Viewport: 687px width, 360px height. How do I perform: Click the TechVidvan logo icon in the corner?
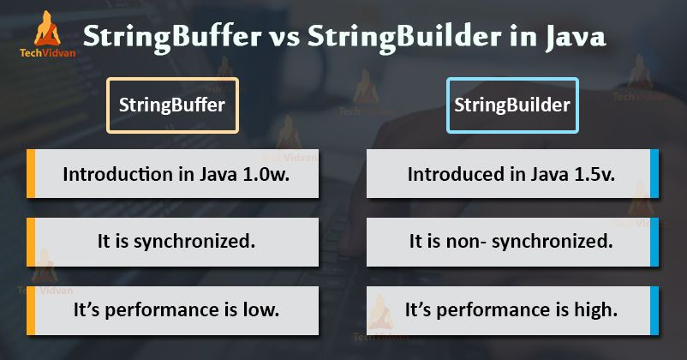click(45, 28)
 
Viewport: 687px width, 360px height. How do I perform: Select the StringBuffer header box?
click(172, 105)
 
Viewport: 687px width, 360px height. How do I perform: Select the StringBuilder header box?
click(512, 105)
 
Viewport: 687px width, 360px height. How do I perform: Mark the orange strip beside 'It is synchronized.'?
click(31, 241)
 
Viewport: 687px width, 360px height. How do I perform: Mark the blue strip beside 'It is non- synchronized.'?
click(655, 241)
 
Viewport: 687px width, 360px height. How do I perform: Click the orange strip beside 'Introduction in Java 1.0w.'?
click(31, 174)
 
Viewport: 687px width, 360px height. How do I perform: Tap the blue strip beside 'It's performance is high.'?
click(655, 309)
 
